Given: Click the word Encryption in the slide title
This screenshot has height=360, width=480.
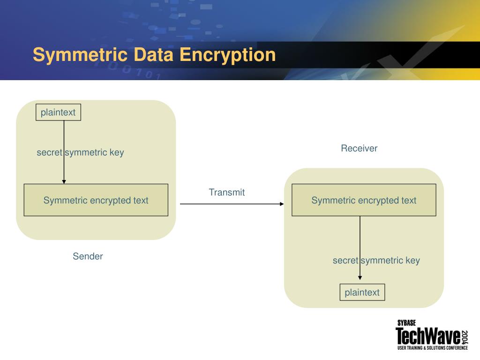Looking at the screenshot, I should tap(228, 55).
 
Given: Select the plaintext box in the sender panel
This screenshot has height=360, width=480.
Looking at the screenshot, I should tap(58, 112).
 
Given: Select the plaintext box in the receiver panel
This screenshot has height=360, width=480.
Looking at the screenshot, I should tap(362, 292).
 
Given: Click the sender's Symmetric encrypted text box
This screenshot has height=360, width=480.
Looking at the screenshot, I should tap(96, 200).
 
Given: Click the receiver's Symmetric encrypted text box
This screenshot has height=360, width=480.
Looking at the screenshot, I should tap(364, 200).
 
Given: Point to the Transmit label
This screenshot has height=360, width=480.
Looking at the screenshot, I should tap(227, 192).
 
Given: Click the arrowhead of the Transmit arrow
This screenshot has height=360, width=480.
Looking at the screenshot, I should tap(282, 204).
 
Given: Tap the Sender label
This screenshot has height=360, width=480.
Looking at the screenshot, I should tap(88, 256).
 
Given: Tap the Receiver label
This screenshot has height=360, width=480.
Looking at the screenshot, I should tap(359, 149).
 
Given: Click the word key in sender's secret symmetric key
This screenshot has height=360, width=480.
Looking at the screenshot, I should tap(117, 152).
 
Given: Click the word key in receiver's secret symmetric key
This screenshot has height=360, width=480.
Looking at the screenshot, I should tap(412, 261).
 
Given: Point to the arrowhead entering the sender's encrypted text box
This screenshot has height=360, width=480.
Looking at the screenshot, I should tap(64, 181).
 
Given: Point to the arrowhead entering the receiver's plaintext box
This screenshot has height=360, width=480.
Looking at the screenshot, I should tap(360, 278).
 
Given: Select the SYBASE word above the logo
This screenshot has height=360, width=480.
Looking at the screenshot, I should tap(406, 323).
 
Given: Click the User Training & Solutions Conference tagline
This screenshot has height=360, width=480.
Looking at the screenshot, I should tap(432, 348).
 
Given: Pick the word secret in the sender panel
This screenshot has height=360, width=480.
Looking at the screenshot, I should tap(49, 152).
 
